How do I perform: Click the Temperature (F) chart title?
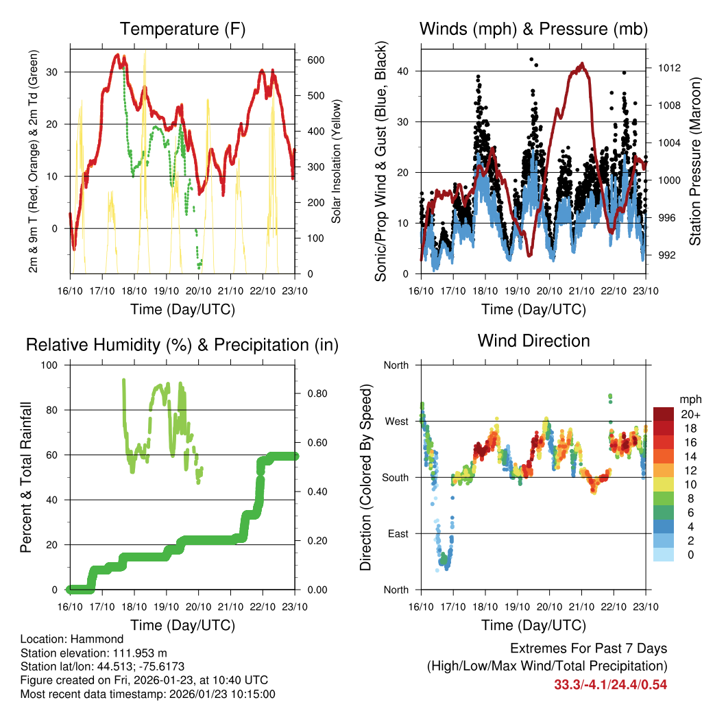[x=182, y=29]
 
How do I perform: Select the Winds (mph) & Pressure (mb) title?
[x=533, y=29]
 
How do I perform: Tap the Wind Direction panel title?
[x=533, y=340]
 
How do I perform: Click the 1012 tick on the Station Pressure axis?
[x=668, y=68]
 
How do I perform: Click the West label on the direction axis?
[x=396, y=421]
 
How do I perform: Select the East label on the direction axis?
[x=397, y=533]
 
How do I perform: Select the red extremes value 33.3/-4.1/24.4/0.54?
[x=610, y=684]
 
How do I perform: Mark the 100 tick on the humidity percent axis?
[x=53, y=365]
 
